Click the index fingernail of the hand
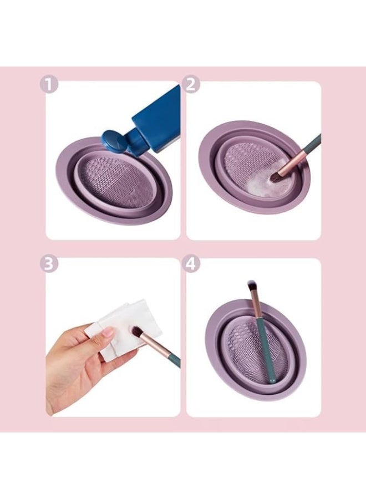click(x=108, y=332)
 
